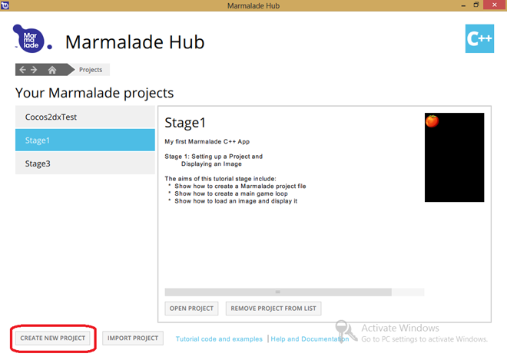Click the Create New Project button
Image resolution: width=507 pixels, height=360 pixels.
click(53, 338)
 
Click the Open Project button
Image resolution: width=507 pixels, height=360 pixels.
click(191, 309)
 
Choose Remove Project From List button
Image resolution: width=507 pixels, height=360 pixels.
click(273, 309)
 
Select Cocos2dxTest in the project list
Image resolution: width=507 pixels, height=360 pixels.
click(85, 117)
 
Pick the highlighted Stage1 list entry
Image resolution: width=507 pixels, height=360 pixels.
click(85, 140)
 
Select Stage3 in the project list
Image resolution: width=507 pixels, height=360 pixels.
click(85, 163)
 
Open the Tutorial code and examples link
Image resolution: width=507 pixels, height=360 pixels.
click(219, 339)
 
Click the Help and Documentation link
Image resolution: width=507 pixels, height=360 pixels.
click(310, 339)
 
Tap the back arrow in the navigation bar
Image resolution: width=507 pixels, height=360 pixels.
click(22, 70)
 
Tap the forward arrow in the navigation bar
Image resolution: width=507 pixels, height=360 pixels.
click(34, 70)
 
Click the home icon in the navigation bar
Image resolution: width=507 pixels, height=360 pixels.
click(52, 70)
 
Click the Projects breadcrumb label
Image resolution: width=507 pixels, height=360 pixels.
click(91, 70)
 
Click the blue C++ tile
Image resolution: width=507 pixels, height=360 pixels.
click(479, 38)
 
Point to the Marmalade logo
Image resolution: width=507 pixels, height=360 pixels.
click(32, 39)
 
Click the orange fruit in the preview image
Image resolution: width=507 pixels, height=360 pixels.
click(432, 121)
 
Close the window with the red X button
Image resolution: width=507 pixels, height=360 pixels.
click(495, 5)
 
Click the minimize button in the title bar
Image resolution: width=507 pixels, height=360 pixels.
click(463, 5)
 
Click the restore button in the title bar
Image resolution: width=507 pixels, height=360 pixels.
click(476, 5)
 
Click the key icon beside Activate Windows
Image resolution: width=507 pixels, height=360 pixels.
click(345, 331)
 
